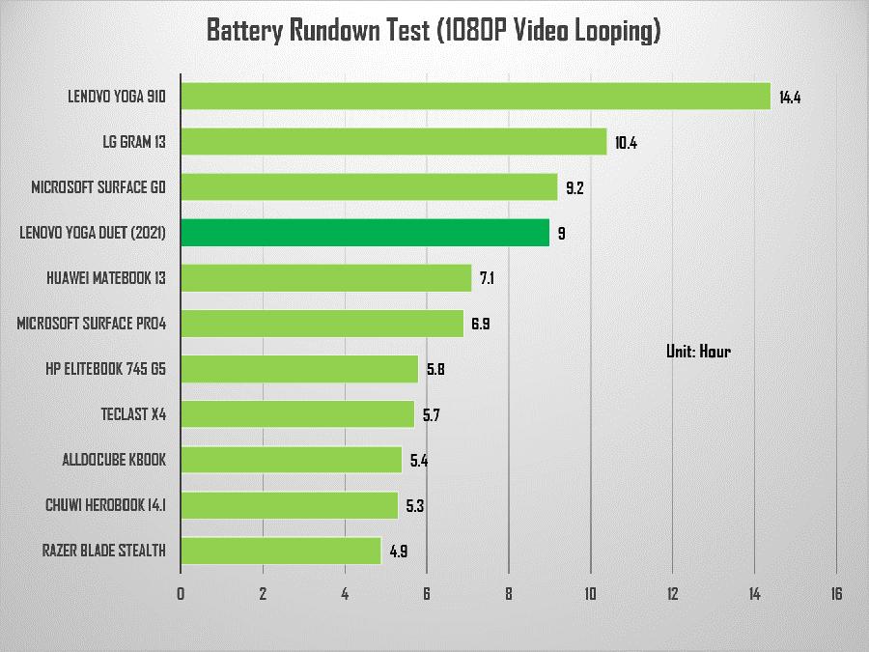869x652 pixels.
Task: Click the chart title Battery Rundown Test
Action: [x=434, y=31]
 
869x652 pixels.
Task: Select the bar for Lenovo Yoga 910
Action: [x=475, y=97]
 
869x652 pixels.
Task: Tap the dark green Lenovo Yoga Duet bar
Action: [x=365, y=233]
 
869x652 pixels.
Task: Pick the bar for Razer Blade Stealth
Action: [x=280, y=551]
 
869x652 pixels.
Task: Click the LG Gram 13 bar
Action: [x=393, y=142]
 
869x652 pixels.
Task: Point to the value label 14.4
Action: [x=790, y=98]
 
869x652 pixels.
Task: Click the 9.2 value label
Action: [x=575, y=188]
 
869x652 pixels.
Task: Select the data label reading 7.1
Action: [x=487, y=279]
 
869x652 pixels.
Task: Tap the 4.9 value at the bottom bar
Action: [x=399, y=552]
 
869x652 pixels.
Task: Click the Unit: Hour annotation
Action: [x=698, y=351]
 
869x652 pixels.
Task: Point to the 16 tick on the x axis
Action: [x=835, y=594]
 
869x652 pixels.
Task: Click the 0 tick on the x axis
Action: [x=181, y=594]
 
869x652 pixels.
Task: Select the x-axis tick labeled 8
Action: [x=509, y=594]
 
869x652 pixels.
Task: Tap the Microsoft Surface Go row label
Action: [x=98, y=187]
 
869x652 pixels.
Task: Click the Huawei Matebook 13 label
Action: [x=106, y=278]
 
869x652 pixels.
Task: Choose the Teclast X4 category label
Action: [x=133, y=414]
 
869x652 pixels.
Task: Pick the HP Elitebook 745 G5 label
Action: [x=105, y=369]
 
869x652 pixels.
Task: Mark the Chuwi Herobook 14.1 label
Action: [x=105, y=505]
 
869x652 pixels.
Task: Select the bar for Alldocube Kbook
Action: [x=291, y=460]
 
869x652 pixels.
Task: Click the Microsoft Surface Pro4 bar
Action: [x=322, y=324]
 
